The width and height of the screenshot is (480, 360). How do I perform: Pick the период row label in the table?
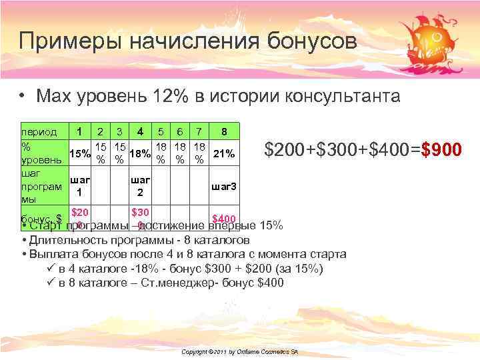click(39, 132)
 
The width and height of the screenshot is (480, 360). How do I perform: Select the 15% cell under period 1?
click(80, 154)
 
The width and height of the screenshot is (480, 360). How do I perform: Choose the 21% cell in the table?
click(223, 154)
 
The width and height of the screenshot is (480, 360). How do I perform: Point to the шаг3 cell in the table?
click(223, 186)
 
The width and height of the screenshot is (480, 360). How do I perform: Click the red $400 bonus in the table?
click(223, 219)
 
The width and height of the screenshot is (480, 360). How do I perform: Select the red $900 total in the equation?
click(441, 150)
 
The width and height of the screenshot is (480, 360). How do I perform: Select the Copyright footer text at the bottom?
click(239, 351)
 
